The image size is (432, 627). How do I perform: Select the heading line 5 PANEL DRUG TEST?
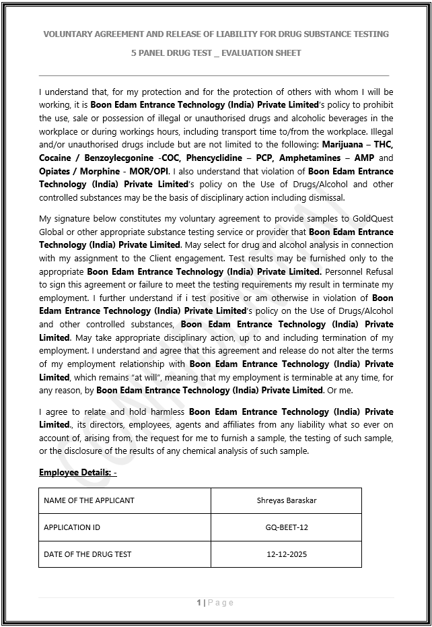click(x=216, y=53)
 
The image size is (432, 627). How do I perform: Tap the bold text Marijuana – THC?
click(x=358, y=144)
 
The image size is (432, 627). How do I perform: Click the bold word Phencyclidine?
click(x=202, y=158)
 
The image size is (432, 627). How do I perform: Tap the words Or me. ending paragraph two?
click(x=340, y=391)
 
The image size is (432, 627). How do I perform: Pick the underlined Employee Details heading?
click(x=77, y=473)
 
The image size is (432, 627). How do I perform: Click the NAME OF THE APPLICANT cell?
click(x=89, y=500)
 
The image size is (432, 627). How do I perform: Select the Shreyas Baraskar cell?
click(x=286, y=500)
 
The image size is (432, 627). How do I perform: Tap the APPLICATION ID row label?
click(x=72, y=527)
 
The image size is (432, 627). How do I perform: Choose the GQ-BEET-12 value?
click(x=286, y=527)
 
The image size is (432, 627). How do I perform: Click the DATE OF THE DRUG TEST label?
click(x=87, y=554)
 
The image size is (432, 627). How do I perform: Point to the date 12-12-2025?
click(x=286, y=554)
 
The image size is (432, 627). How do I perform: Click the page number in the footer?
click(x=200, y=603)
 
